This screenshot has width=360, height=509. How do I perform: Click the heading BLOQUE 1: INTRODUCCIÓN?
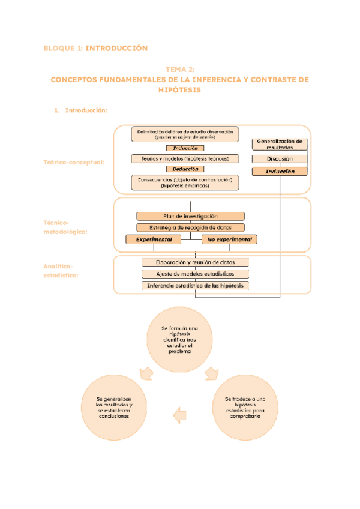(x=95, y=48)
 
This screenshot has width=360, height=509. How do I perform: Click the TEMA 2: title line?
(x=179, y=70)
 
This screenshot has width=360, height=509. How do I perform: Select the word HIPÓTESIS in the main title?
(x=179, y=89)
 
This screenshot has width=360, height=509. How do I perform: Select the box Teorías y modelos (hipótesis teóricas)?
(x=185, y=158)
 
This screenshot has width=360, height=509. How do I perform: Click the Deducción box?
(x=185, y=169)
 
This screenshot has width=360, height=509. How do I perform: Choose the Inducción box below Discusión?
(x=279, y=171)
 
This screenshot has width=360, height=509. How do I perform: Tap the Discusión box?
(x=279, y=159)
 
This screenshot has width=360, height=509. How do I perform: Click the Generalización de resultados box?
(x=279, y=144)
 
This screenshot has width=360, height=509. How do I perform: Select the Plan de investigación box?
(x=190, y=216)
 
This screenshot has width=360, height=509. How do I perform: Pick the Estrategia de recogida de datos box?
(x=190, y=227)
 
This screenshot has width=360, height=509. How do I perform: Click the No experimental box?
(x=229, y=239)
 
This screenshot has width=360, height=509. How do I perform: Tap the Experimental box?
(x=154, y=239)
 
